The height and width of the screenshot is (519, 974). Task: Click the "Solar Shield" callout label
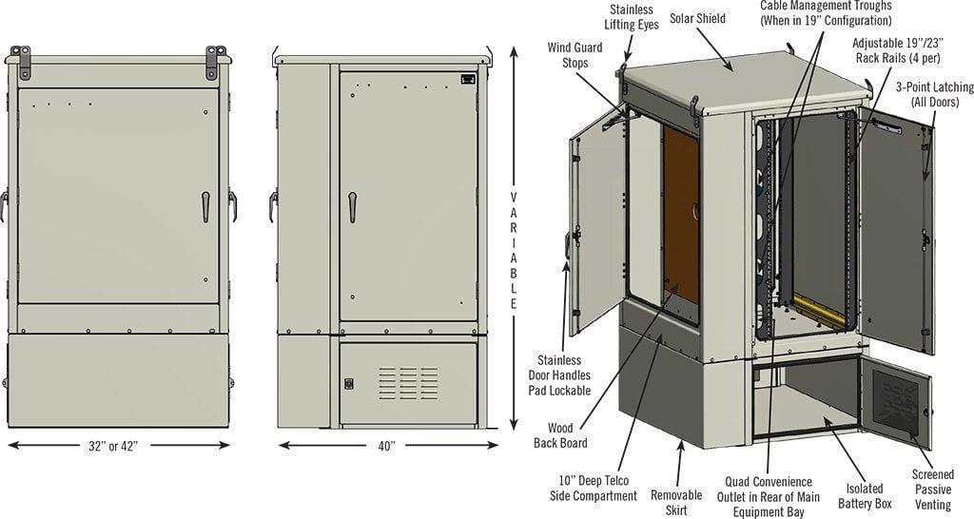(697, 18)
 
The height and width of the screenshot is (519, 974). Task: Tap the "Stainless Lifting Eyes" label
(632, 17)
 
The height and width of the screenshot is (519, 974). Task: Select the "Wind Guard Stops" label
(575, 54)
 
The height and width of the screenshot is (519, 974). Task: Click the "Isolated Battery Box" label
(865, 495)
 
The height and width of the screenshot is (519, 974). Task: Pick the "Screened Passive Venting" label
(932, 490)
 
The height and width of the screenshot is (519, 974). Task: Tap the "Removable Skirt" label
(676, 502)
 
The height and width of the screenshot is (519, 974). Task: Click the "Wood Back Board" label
(560, 435)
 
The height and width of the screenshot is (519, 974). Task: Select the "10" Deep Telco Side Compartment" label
(594, 488)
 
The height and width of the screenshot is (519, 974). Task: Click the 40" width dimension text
(386, 445)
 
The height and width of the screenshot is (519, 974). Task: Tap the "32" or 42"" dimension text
(113, 445)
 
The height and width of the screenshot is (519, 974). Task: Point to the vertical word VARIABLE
(514, 250)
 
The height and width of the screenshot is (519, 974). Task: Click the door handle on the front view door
(205, 206)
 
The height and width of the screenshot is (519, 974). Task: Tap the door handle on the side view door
(352, 206)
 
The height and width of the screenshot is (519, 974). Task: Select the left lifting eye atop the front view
(21, 62)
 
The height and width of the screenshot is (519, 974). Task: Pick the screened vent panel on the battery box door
(895, 404)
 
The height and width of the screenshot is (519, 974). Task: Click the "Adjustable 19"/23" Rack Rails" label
(897, 50)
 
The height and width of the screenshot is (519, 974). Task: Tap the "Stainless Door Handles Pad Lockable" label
(559, 375)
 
